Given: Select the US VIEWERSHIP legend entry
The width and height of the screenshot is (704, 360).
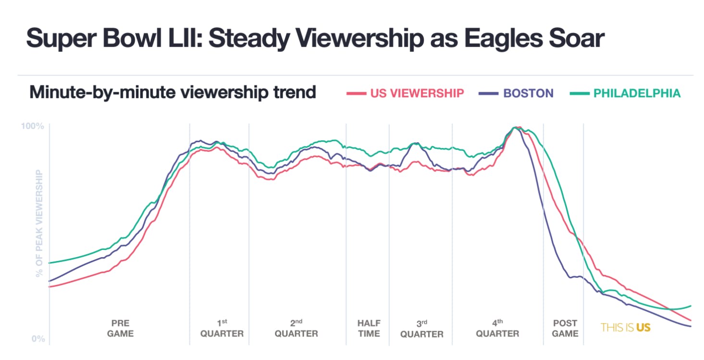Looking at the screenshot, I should click(417, 93).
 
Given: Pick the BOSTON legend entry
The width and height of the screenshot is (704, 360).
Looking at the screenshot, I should click(528, 93).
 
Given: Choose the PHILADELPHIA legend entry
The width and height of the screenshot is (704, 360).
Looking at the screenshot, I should click(637, 93).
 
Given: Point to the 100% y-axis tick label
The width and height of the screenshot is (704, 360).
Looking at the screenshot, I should click(33, 126).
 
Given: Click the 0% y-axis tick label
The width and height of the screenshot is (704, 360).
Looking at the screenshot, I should click(38, 339).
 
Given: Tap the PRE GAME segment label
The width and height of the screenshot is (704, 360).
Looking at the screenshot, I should click(120, 328).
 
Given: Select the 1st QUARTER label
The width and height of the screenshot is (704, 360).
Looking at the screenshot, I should click(222, 328).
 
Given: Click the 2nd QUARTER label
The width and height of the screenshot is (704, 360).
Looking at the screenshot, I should click(296, 328).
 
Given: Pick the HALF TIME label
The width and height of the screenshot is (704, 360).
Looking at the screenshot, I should click(369, 328).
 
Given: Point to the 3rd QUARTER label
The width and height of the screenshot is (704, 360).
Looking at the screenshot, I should click(421, 328).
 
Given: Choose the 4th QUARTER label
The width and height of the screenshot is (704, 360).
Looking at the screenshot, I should click(497, 328).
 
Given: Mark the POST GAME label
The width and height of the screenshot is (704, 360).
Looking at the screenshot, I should click(565, 328).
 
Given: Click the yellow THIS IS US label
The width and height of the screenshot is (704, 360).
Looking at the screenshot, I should click(625, 328).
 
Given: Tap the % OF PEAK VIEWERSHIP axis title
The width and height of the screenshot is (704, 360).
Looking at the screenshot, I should click(39, 223).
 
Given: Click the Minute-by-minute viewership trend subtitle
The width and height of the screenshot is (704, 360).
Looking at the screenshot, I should click(173, 92).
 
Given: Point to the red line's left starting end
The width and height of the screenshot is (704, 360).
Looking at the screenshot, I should click(49, 287).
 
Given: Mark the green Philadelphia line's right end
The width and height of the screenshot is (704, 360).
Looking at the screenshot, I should click(691, 306).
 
